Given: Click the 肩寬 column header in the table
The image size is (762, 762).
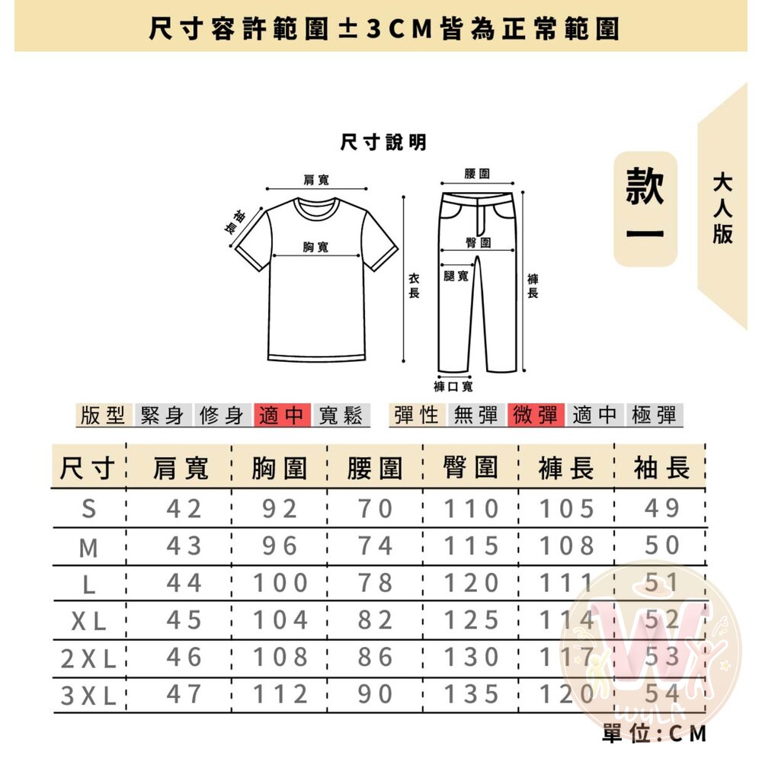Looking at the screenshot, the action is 181,468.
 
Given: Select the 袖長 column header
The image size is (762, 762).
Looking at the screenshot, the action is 661,468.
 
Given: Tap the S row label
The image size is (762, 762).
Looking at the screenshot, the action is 89,509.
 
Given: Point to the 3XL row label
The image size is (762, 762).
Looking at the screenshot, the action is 88,696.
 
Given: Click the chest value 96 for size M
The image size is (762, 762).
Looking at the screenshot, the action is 280,546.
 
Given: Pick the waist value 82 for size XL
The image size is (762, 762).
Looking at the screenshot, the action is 375,620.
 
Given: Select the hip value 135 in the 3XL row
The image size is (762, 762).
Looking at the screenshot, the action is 471,694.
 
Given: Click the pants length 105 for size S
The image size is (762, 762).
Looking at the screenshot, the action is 567,509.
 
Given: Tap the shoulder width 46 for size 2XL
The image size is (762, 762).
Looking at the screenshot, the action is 184,657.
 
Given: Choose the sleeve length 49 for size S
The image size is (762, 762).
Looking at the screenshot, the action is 662,508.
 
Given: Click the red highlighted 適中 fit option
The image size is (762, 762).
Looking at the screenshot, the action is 282,415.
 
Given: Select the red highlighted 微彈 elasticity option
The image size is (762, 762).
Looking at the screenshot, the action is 536,415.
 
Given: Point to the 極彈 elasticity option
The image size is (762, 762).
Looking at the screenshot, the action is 654,415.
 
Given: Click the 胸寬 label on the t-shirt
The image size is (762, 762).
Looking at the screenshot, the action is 316,247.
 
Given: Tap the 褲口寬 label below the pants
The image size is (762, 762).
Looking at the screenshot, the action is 453,386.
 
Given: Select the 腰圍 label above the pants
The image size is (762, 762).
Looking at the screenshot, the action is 477,174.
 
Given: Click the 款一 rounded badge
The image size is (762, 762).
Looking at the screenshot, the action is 645,209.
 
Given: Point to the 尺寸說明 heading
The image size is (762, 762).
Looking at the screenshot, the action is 383,142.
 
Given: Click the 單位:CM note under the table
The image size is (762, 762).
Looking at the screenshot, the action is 654,733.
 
